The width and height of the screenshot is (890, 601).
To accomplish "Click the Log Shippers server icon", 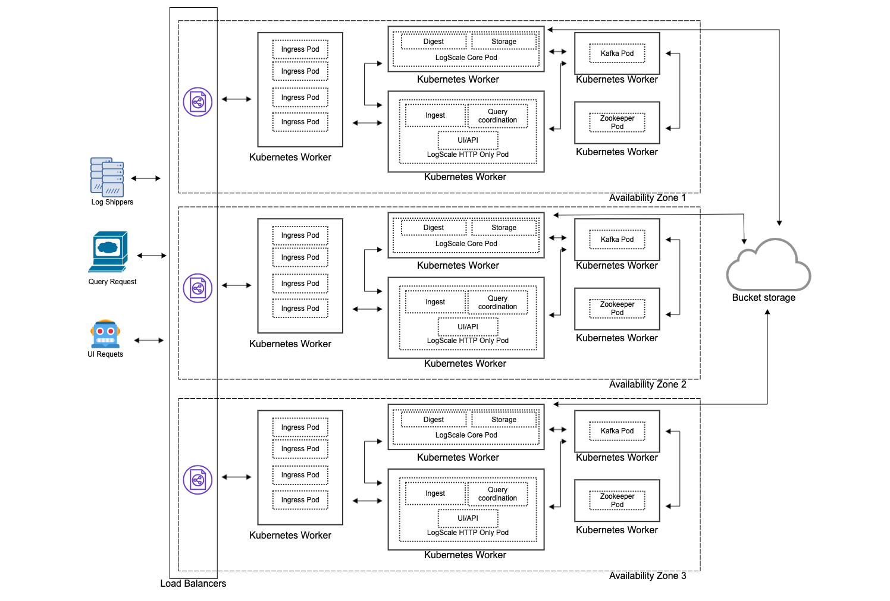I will coord(107,177).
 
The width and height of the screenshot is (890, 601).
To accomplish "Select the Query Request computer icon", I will coord(108,251).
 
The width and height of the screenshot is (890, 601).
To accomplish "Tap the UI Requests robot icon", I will coord(105,334).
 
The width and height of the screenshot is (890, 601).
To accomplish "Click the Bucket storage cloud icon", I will coord(768,266).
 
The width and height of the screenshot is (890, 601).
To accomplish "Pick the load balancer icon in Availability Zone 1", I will coord(198,102).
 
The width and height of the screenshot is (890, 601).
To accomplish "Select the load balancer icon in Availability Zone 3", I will coord(198,480).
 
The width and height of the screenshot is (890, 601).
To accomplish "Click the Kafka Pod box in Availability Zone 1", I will coord(617,54).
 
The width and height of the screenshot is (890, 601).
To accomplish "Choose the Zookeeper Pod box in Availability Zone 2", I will coord(617,309).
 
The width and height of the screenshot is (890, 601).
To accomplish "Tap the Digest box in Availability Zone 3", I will coord(434,420).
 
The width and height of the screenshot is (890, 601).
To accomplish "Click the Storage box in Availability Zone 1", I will coord(504,42).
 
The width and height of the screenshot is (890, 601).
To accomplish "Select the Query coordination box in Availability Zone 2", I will coord(497,303).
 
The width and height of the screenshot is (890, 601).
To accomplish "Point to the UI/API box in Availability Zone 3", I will coord(468,518).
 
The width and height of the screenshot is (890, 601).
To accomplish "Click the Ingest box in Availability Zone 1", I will coord(435,115).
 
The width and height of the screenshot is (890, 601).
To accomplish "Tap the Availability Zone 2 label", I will coord(647,385).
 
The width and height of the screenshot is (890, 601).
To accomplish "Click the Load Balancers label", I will coord(193,584).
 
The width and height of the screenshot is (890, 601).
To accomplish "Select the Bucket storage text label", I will coord(763,298).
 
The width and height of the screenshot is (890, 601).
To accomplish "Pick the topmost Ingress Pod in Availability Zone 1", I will coord(300,49).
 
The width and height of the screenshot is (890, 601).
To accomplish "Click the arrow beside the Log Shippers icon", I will coord(146,178).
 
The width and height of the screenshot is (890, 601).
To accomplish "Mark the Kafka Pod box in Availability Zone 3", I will coord(617,431).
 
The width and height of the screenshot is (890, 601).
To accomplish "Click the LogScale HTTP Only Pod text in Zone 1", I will coord(468,155).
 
